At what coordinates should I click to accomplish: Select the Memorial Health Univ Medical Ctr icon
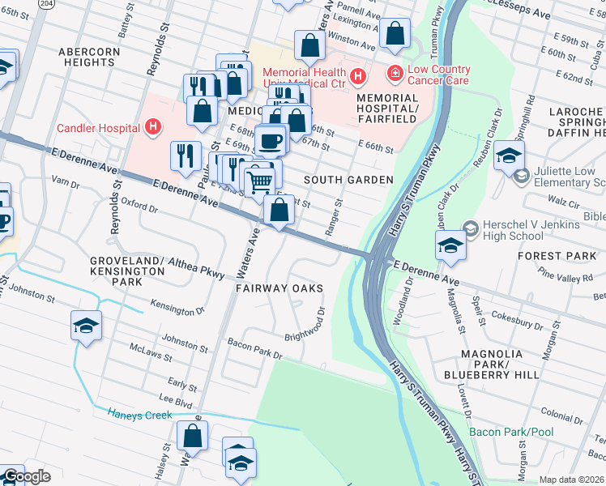(358, 76)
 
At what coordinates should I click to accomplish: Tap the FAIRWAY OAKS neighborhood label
(280, 288)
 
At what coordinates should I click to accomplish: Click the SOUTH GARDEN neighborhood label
(348, 180)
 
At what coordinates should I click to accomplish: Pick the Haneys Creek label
(140, 415)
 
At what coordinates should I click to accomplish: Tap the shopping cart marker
(259, 181)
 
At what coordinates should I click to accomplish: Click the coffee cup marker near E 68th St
(271, 140)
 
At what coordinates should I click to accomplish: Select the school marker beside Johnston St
(86, 326)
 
